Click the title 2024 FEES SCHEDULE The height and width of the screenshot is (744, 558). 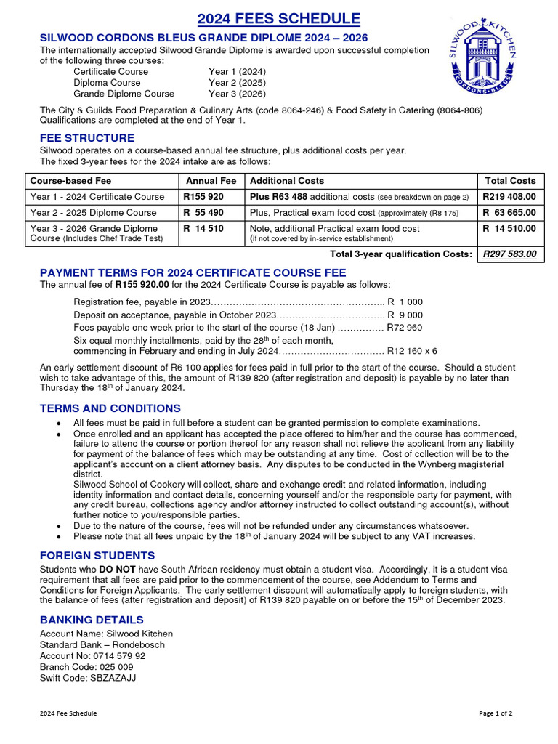[279, 19]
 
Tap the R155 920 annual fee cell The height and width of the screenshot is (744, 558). [204, 197]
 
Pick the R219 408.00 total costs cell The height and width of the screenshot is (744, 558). [509, 197]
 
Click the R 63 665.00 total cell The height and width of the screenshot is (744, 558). [509, 213]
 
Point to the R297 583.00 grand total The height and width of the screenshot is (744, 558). [509, 254]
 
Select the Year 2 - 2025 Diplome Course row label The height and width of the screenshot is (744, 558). [93, 213]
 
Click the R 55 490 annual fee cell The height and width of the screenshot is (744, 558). [203, 213]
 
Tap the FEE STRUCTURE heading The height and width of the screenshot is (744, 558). [86, 138]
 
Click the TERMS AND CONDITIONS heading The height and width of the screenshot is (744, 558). [110, 408]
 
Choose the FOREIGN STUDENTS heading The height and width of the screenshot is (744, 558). [97, 556]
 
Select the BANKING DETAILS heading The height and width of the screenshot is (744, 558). [92, 620]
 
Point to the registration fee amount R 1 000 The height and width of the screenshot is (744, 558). [405, 302]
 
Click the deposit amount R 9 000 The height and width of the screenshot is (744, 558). [405, 315]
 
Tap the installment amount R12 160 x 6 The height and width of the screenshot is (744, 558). [412, 350]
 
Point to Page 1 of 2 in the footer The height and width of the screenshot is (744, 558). [496, 713]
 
